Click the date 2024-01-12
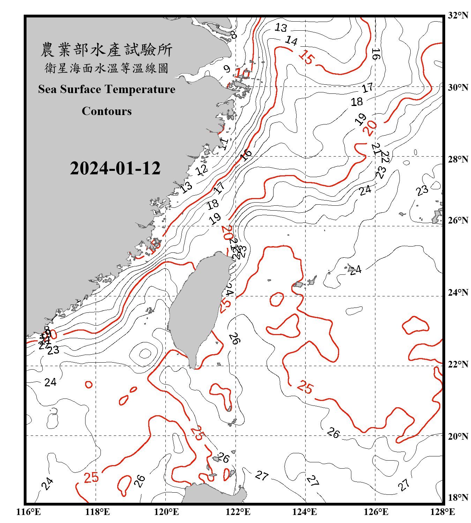[x=115, y=168]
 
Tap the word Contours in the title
[x=107, y=111]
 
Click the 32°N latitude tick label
[x=458, y=15]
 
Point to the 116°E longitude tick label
[x=29, y=512]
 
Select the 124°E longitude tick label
[x=305, y=512]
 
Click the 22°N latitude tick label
[x=458, y=364]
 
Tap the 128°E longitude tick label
[x=442, y=512]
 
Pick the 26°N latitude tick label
[x=458, y=220]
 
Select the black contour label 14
[x=291, y=41]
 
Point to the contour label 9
[x=227, y=69]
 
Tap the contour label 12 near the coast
[x=202, y=170]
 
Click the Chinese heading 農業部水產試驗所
[x=106, y=50]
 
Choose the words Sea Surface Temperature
[x=107, y=89]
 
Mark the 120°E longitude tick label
[x=166, y=512]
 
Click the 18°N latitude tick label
[x=458, y=498]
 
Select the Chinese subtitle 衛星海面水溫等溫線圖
[x=106, y=68]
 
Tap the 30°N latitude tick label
[x=458, y=88]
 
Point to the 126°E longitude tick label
[x=376, y=512]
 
